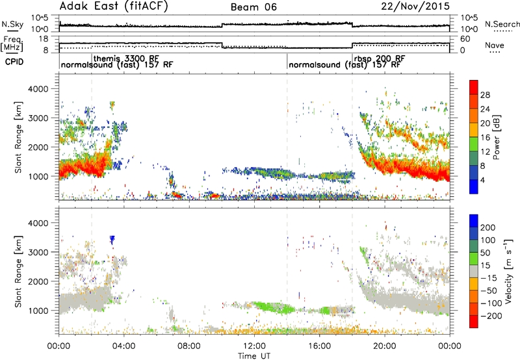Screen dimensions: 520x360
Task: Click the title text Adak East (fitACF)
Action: pos(114,6)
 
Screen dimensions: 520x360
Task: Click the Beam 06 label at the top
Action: pos(253,7)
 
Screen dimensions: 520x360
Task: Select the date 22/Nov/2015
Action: pos(415,6)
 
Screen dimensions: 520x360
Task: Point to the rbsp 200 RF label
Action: pos(380,58)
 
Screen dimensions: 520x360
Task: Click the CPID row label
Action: pos(14,62)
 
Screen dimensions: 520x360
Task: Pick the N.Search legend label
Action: pos(502,24)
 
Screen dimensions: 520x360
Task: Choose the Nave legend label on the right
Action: pos(495,45)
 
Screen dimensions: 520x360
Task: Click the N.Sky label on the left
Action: pos(12,24)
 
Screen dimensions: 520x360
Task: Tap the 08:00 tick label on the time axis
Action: pos(189,346)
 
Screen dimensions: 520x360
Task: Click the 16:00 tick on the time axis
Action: pos(319,346)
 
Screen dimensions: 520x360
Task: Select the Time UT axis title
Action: pos(254,356)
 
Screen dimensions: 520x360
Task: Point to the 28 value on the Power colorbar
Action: pos(485,95)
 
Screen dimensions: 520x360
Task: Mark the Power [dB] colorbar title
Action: pos(497,137)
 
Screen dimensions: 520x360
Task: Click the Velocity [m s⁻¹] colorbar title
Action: pos(508,271)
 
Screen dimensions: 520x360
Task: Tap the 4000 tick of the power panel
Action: pos(39,89)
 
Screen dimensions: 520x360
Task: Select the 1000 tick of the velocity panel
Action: pos(39,311)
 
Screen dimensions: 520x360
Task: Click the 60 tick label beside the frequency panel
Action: pos(465,39)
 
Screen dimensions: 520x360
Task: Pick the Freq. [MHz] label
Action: pos(12,44)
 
